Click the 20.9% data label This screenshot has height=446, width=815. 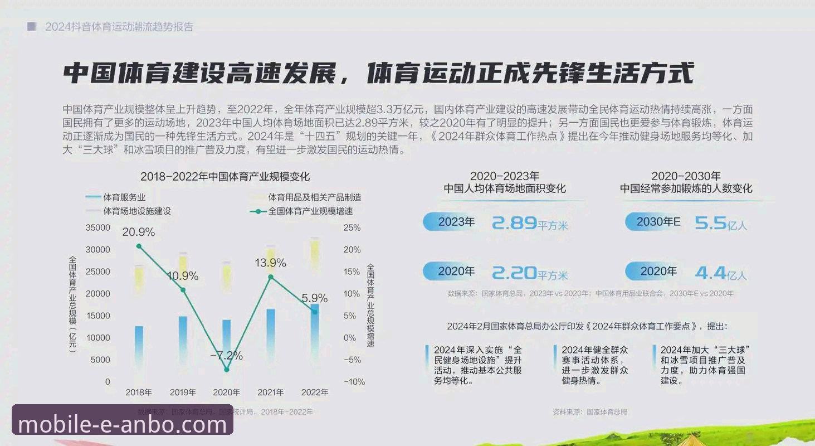coord(139,231)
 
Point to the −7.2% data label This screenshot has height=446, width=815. coord(226,355)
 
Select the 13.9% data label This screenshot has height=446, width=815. coord(270,263)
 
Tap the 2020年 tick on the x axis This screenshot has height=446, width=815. coord(226,392)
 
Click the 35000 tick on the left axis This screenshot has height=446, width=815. coord(98,227)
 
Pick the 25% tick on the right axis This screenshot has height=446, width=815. coord(352,227)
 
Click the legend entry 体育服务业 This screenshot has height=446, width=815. coord(124,197)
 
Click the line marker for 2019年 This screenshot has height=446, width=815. coord(183,290)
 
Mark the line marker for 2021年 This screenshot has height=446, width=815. coord(271,277)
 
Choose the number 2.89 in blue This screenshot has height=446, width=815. coord(514,223)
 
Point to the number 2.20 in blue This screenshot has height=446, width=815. coord(514,273)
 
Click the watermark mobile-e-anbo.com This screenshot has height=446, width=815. coord(123,425)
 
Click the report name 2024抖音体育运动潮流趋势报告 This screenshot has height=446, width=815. coord(119,27)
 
